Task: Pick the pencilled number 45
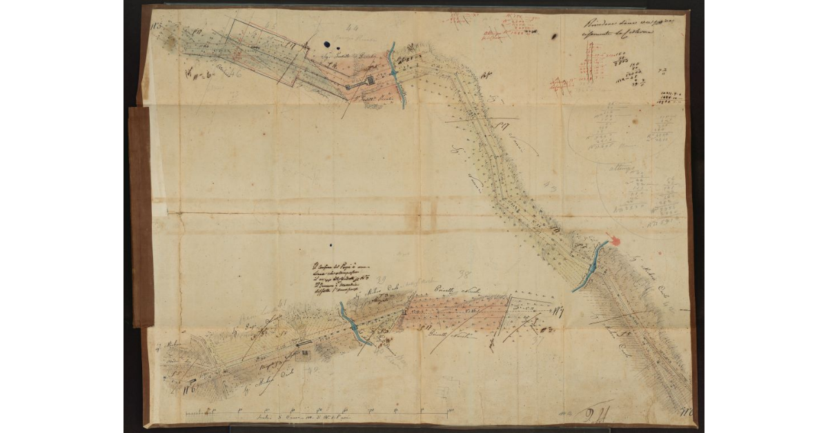tap(270, 26)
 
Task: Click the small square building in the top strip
tap(370, 81)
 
